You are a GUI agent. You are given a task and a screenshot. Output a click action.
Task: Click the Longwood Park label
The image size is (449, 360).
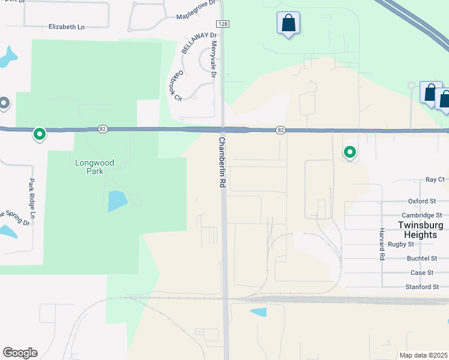click(94, 167)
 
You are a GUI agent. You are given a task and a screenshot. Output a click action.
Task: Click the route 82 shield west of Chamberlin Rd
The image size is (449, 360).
click(103, 129)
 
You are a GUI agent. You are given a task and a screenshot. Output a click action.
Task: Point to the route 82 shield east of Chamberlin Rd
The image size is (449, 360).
click(280, 130)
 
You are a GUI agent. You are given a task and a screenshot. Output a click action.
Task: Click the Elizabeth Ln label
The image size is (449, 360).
click(67, 27)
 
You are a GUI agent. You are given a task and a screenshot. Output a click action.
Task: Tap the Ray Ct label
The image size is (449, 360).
click(435, 179)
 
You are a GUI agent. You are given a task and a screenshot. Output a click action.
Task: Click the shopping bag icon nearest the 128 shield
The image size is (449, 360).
click(288, 24)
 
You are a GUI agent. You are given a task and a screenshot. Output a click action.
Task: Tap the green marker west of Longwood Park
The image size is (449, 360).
click(40, 134)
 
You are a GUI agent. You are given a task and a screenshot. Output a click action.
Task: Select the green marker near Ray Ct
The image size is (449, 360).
click(349, 152)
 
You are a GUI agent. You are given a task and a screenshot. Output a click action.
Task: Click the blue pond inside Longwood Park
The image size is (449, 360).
click(117, 201)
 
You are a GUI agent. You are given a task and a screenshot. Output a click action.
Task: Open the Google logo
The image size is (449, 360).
click(20, 353)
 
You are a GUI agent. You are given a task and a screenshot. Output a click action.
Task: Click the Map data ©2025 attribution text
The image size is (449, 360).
click(424, 355)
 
